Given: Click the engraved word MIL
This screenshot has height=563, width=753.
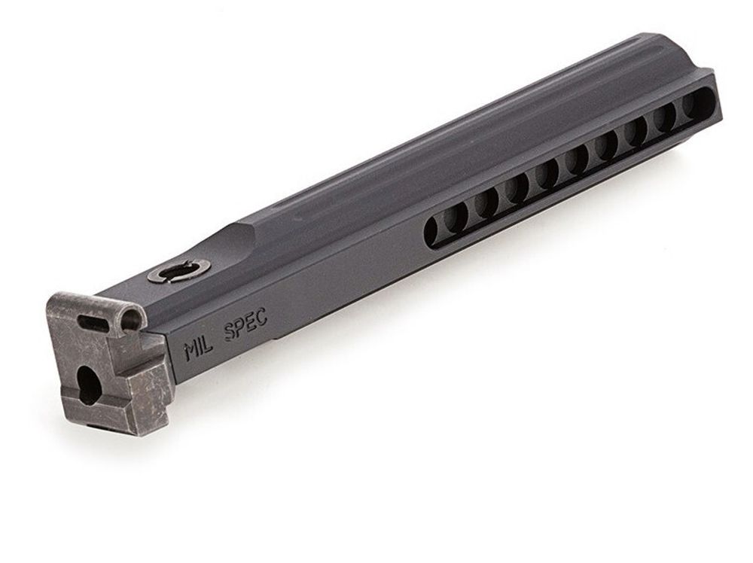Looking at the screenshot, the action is click(198, 350).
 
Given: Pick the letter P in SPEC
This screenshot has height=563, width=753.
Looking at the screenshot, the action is click(241, 329).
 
